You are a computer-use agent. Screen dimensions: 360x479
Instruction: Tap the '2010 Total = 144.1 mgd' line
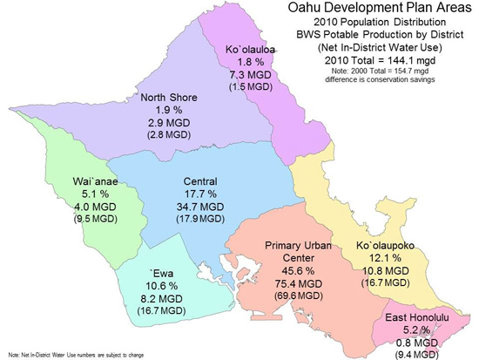tap(379, 59)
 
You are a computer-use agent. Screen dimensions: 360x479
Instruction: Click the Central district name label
tap(201, 181)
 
